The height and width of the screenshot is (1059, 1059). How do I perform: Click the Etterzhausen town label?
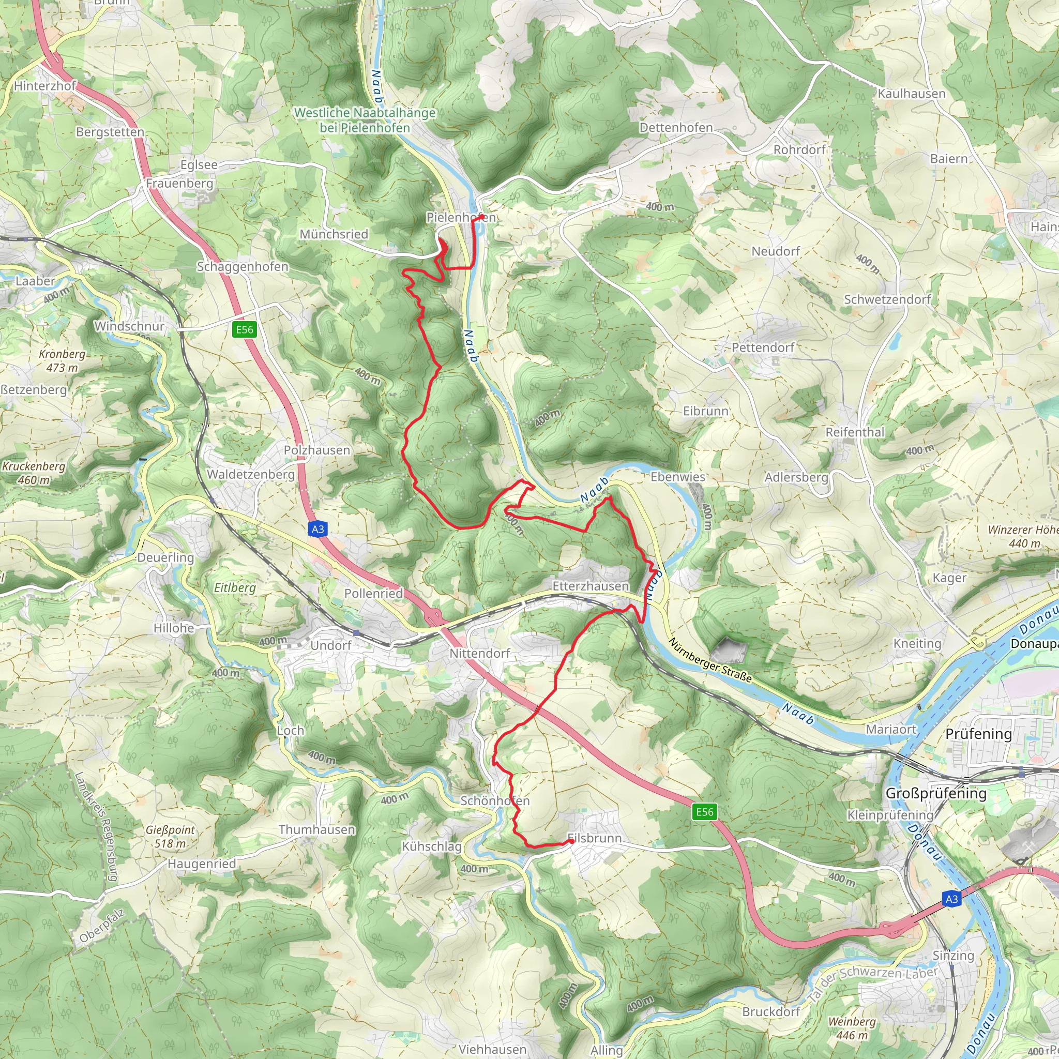tap(590, 586)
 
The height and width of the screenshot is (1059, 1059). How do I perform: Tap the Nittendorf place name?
tap(480, 654)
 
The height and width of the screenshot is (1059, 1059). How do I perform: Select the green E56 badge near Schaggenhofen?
tap(245, 329)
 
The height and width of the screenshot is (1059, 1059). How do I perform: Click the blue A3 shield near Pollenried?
tap(318, 529)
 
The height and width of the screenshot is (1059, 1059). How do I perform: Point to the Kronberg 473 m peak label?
tap(62, 361)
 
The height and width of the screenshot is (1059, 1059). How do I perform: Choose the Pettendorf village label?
tap(763, 347)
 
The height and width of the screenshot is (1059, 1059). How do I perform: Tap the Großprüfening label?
tap(935, 793)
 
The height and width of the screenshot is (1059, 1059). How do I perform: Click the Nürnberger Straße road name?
tap(710, 660)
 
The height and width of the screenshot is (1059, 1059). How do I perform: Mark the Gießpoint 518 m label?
tap(170, 837)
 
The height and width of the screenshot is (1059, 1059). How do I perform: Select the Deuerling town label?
tap(165, 557)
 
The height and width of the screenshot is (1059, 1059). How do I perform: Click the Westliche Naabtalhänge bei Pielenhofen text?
tap(365, 120)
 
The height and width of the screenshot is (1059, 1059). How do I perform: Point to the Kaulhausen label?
tap(912, 94)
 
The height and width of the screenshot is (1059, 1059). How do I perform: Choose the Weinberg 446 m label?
tap(852, 1028)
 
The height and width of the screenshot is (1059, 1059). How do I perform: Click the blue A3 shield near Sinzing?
tap(951, 899)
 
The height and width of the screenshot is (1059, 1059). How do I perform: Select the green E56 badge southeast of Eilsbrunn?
tap(704, 812)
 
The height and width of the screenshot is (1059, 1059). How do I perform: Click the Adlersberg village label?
tap(796, 477)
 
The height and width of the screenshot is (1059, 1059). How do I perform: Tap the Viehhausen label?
tap(492, 1049)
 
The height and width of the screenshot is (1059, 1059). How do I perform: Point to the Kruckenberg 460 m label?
tap(34, 473)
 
